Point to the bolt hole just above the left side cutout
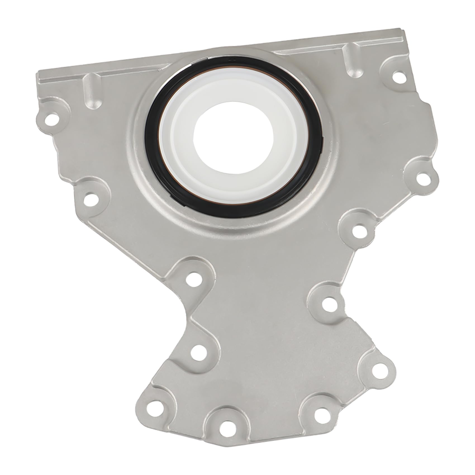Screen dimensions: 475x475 [192, 277]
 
